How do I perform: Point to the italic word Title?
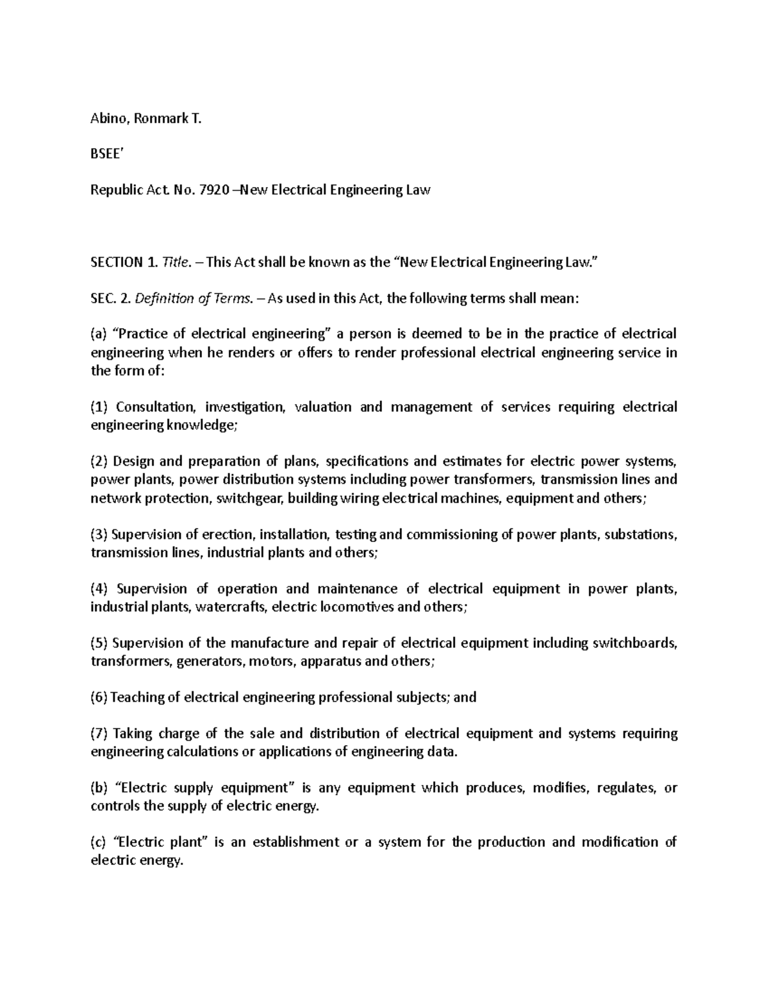click(x=176, y=262)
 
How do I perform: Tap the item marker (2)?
click(x=101, y=461)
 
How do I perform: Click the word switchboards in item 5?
click(x=636, y=643)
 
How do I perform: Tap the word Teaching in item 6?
click(x=137, y=697)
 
